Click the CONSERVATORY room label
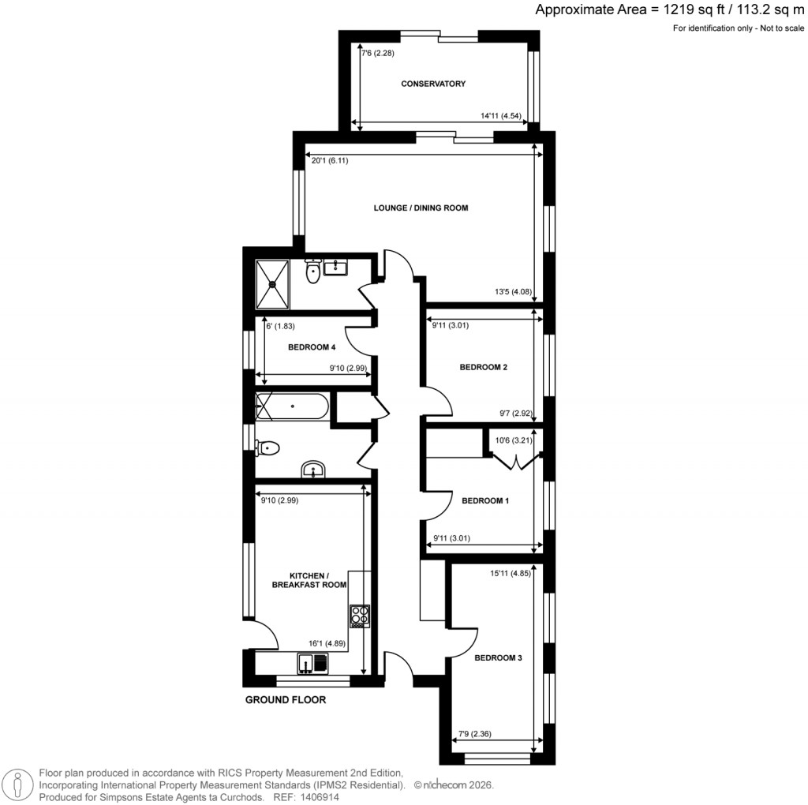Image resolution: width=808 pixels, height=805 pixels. pos(433,84)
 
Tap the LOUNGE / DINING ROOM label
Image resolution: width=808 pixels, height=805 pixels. pos(421,208)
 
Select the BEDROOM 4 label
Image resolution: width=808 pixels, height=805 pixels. pos(312,347)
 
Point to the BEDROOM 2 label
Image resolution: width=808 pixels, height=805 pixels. pos(483,367)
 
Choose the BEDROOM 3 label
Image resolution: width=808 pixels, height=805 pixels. pos(498,657)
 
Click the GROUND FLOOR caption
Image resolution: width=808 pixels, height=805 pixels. pos(286,700)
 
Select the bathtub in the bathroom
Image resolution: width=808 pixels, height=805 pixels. pos(292,406)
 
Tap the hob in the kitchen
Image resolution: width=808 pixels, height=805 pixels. pos(359,616)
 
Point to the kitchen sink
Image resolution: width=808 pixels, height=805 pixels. pos(313,664)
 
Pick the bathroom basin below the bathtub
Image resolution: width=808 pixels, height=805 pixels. pos(314,471)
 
